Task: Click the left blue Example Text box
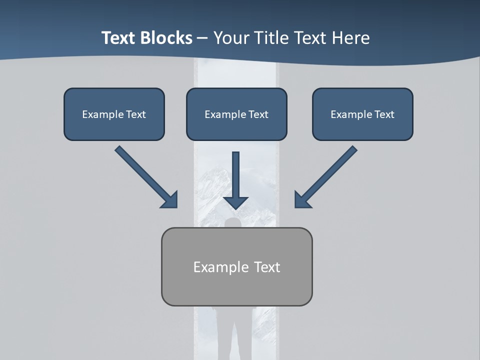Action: tap(114, 114)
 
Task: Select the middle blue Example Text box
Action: tap(236, 114)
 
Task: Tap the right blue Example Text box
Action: tap(362, 114)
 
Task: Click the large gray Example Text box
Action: tap(236, 266)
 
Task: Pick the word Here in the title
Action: tap(351, 38)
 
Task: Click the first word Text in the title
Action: tap(119, 38)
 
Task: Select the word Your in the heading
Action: tap(230, 38)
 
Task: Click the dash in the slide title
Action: tap(202, 38)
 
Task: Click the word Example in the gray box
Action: tap(221, 267)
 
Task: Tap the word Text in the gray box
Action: tap(267, 267)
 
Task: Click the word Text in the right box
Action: tap(384, 114)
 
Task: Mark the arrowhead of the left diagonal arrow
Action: tap(169, 200)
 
